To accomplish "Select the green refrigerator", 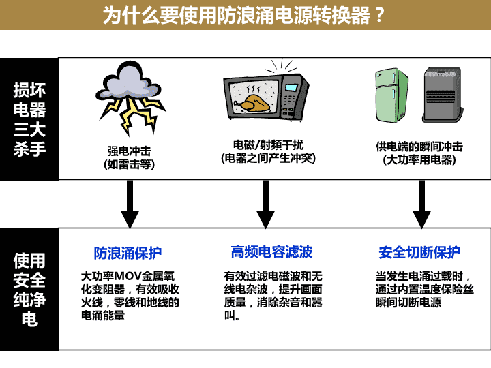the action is pyautogui.click(x=391, y=95).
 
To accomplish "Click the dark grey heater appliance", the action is pyautogui.click(x=443, y=95).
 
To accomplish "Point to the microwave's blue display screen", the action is pyautogui.click(x=291, y=87).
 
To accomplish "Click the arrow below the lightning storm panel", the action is pyautogui.click(x=130, y=204).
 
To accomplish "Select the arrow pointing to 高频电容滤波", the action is pyautogui.click(x=265, y=204).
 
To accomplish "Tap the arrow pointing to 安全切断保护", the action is pyautogui.click(x=421, y=204).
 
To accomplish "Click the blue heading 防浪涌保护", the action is pyautogui.click(x=128, y=253).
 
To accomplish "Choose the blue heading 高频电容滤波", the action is pyautogui.click(x=272, y=252).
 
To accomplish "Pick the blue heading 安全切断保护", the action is pyautogui.click(x=419, y=252).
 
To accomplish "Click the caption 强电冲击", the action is pyautogui.click(x=129, y=151).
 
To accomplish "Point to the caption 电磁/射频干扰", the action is pyautogui.click(x=269, y=145).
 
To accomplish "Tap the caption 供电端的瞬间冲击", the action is pyautogui.click(x=419, y=147).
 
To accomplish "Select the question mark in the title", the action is pyautogui.click(x=379, y=15).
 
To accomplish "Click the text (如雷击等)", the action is pyautogui.click(x=129, y=164).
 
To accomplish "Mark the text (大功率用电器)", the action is pyautogui.click(x=419, y=160).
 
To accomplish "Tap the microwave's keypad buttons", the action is pyautogui.click(x=288, y=104).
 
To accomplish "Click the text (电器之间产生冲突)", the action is pyautogui.click(x=269, y=158).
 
